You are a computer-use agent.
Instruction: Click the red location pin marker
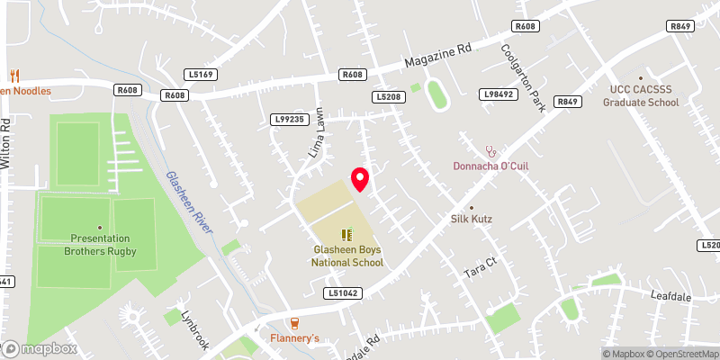(360, 179)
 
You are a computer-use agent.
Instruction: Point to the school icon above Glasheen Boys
(346, 234)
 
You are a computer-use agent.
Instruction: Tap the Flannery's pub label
(294, 338)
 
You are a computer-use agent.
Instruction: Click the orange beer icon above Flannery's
(293, 323)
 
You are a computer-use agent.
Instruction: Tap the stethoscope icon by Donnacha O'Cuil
(490, 151)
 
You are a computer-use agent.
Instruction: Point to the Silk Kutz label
(472, 219)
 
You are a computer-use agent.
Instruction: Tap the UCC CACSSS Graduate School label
(641, 96)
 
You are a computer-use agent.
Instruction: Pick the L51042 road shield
(343, 292)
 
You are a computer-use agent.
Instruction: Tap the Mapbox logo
(39, 348)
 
